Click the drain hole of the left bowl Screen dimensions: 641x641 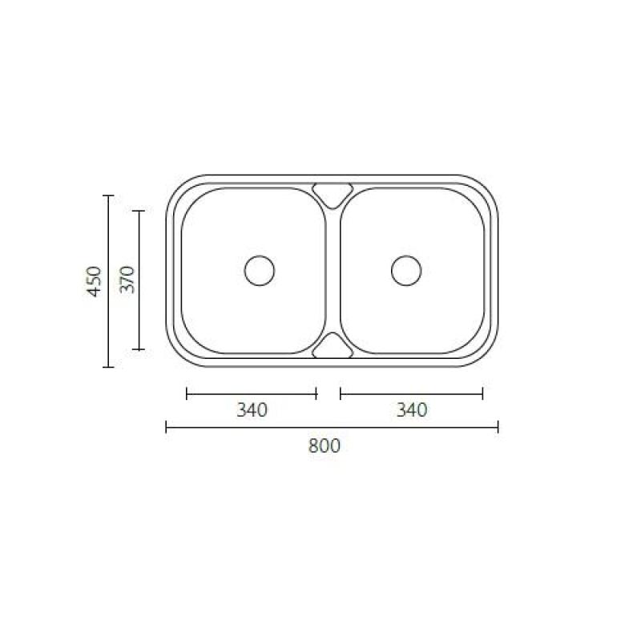click(x=260, y=270)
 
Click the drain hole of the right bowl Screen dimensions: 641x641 click(x=406, y=270)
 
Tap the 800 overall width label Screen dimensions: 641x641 click(x=325, y=446)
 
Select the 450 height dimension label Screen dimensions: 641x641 click(x=95, y=281)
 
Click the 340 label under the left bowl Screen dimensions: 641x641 click(x=251, y=410)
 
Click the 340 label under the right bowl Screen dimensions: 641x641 click(x=412, y=410)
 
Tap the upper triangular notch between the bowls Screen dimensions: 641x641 click(x=333, y=192)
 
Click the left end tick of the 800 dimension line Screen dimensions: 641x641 click(x=166, y=427)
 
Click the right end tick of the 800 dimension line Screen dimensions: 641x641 click(x=498, y=427)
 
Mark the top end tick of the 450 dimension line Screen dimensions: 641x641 click(x=108, y=196)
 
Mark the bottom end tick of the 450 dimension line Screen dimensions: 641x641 click(x=108, y=367)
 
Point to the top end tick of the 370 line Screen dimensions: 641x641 click(x=139, y=211)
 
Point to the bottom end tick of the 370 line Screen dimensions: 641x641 click(x=139, y=349)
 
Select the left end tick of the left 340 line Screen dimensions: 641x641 click(x=186, y=393)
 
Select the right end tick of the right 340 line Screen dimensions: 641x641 click(x=483, y=393)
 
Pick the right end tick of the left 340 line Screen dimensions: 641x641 click(x=316, y=393)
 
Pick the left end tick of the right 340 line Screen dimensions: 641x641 click(x=341, y=393)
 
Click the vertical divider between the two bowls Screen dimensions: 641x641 click(x=333, y=270)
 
